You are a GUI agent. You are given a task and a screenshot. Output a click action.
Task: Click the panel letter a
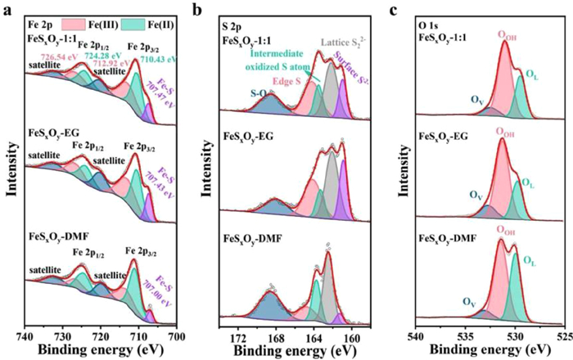(6, 10)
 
